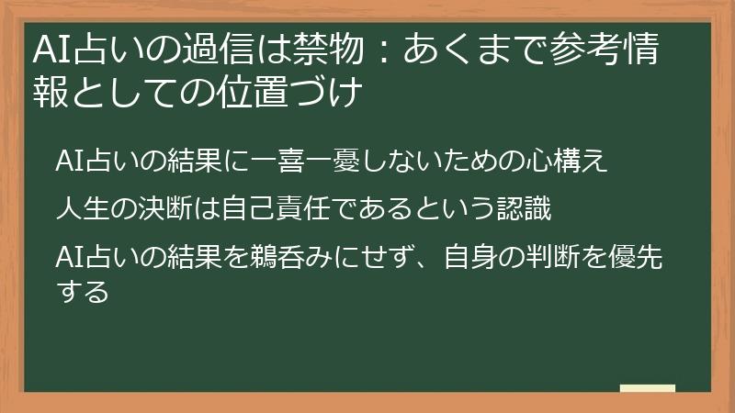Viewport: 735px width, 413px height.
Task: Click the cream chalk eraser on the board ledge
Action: click(647, 388)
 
